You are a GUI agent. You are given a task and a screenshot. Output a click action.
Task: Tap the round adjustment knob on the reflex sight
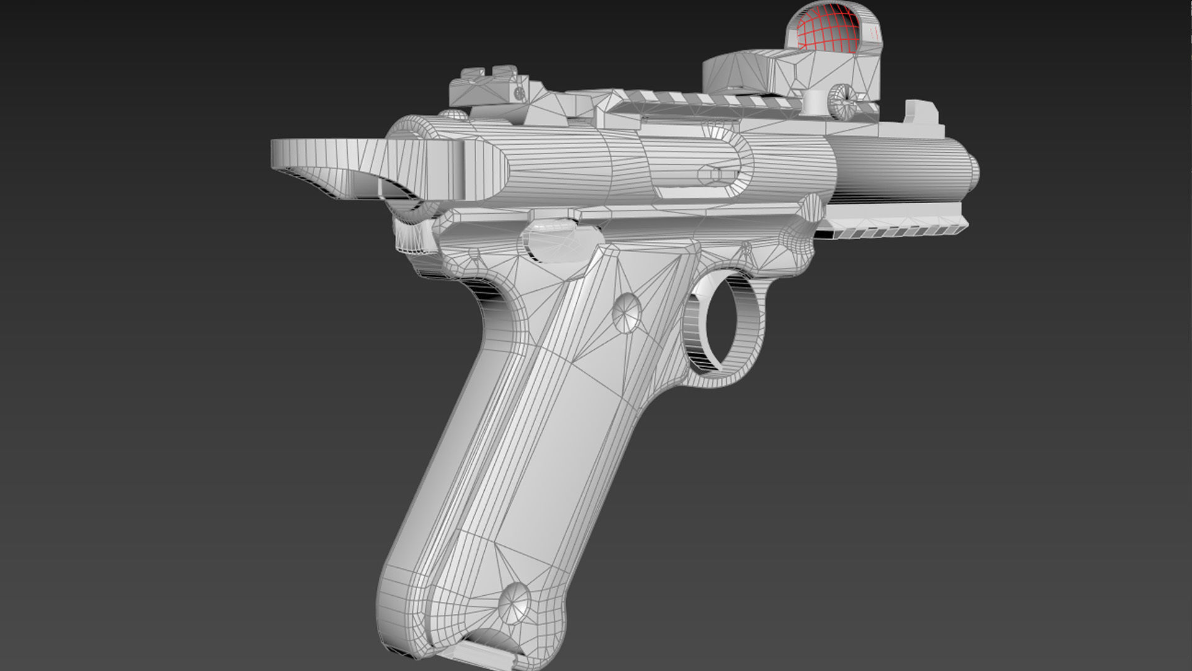point(842,100)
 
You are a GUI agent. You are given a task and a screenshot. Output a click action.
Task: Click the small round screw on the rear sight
point(519,93)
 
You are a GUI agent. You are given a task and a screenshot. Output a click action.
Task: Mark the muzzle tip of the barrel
point(973,171)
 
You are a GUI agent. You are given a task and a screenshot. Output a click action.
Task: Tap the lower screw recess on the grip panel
point(515,603)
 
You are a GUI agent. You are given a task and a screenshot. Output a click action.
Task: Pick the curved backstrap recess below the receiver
point(490,304)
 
